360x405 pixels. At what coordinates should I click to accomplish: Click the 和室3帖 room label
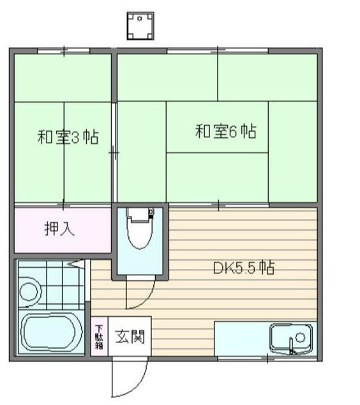tap(67, 137)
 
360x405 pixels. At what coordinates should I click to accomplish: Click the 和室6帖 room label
tap(225, 132)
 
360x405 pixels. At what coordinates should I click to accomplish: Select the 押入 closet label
tap(59, 228)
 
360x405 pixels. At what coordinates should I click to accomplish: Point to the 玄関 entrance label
tap(129, 336)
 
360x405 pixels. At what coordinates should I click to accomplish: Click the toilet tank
tap(140, 213)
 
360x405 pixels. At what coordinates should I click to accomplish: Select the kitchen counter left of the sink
tap(239, 338)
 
